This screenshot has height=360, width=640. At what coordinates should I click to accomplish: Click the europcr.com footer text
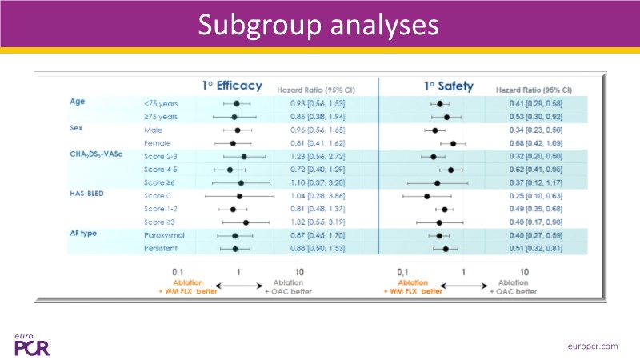pos(590,346)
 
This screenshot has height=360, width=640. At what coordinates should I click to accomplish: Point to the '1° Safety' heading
pos(448,86)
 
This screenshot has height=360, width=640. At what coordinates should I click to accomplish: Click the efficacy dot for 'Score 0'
pos(239,196)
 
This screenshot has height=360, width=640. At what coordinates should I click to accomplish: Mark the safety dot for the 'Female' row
pos(453,143)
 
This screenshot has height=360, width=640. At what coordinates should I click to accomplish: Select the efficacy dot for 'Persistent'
pos(235,249)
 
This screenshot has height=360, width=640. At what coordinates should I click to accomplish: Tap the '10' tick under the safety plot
pos(524,273)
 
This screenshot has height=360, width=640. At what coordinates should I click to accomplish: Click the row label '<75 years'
pos(161,104)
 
